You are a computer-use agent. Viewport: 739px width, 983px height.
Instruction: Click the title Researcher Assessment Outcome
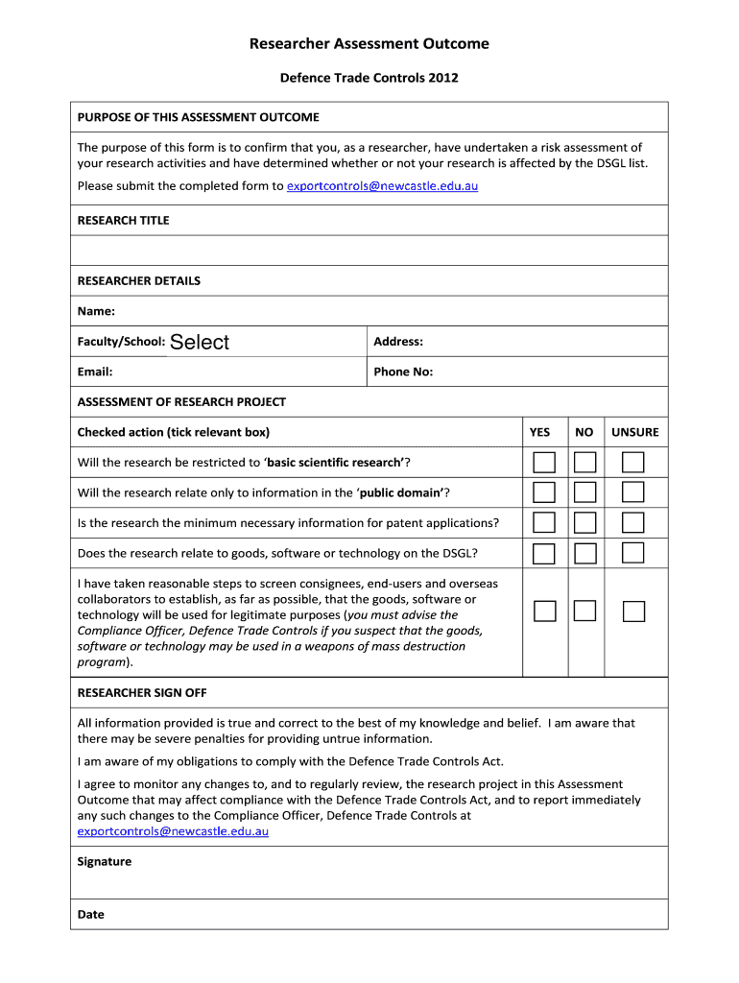tap(369, 44)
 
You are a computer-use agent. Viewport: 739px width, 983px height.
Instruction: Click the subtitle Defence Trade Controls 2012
tap(369, 78)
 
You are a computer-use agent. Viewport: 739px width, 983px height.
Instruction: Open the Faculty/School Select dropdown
tap(200, 343)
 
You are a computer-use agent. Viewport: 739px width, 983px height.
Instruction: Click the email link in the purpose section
tap(382, 186)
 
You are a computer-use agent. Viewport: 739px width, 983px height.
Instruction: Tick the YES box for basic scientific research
tap(544, 463)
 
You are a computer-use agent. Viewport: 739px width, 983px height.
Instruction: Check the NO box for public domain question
tap(585, 493)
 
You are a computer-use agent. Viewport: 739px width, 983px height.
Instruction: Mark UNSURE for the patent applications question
tap(632, 523)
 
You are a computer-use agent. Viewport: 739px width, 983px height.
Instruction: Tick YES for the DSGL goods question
tap(544, 553)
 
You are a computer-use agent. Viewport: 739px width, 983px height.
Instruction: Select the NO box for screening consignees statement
tap(585, 611)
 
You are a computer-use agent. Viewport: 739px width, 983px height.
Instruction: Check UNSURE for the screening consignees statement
tap(632, 611)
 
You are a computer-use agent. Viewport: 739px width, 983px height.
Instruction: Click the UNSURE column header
tap(635, 432)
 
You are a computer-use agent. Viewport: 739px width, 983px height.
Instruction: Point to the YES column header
tap(540, 432)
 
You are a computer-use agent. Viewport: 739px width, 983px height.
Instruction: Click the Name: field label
tap(96, 311)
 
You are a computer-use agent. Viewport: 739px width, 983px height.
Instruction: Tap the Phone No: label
tap(403, 372)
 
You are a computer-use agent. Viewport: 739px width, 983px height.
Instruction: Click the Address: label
tap(398, 342)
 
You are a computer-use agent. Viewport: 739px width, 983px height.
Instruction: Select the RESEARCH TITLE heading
tap(123, 221)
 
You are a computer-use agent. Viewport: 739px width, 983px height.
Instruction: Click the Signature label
tap(105, 862)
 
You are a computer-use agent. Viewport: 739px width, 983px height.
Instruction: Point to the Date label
tap(91, 915)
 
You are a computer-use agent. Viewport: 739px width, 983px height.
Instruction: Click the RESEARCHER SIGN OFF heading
tap(142, 693)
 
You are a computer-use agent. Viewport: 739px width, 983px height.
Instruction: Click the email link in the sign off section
tap(173, 831)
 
